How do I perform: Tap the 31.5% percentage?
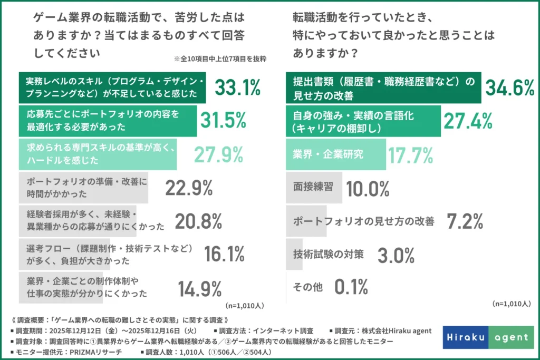(x=223, y=121)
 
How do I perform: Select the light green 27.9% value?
(x=218, y=154)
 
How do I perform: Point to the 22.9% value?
(x=189, y=188)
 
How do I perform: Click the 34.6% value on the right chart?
(x=509, y=88)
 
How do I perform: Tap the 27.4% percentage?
(x=467, y=121)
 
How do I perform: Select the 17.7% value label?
(x=411, y=154)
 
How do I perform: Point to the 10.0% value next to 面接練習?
(x=368, y=188)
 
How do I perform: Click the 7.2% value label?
(x=465, y=221)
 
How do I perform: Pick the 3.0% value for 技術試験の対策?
(x=396, y=255)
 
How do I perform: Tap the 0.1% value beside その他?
(x=351, y=287)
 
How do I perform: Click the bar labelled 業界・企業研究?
(x=335, y=154)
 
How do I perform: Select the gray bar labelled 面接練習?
(x=314, y=188)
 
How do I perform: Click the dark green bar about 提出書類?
(x=383, y=88)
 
